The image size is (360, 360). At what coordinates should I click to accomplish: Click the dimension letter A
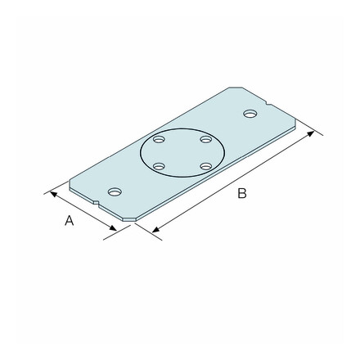(x=70, y=221)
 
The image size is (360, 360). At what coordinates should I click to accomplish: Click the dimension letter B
(x=241, y=193)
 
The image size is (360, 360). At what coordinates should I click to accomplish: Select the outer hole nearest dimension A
(x=115, y=191)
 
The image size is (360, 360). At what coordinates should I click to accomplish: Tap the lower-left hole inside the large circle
(x=160, y=167)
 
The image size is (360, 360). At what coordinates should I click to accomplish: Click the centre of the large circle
(x=182, y=154)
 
